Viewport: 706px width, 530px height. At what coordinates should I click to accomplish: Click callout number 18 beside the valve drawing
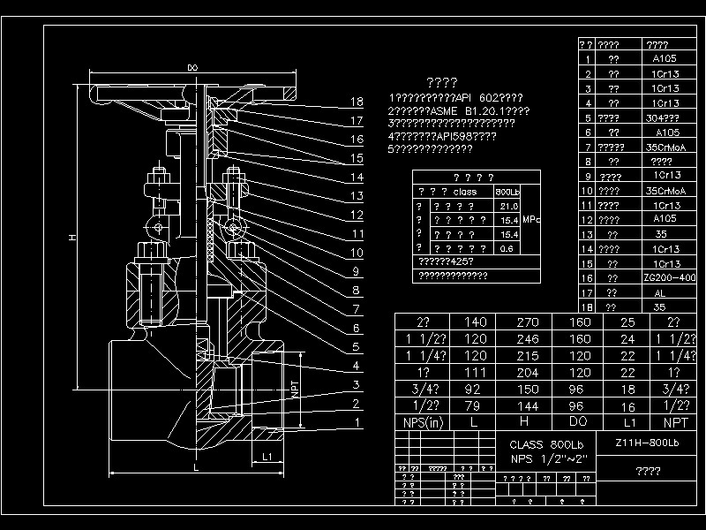pyautogui.click(x=357, y=102)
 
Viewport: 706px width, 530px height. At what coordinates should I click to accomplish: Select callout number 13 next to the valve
pyautogui.click(x=357, y=196)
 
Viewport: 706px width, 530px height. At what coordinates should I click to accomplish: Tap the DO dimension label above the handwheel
pyautogui.click(x=192, y=67)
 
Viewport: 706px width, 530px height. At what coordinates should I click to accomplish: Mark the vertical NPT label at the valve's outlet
pyautogui.click(x=294, y=388)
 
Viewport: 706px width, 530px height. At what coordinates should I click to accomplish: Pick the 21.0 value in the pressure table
pyautogui.click(x=508, y=206)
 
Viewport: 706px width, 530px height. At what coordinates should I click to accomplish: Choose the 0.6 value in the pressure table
pyautogui.click(x=508, y=248)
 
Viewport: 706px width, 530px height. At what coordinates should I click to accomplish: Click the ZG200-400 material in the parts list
pyautogui.click(x=670, y=277)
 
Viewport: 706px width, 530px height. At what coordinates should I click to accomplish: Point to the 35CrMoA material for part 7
pyautogui.click(x=665, y=148)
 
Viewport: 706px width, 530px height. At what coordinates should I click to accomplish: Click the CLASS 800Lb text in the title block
pyautogui.click(x=546, y=443)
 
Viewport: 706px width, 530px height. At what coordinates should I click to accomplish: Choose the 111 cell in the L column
pyautogui.click(x=475, y=372)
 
